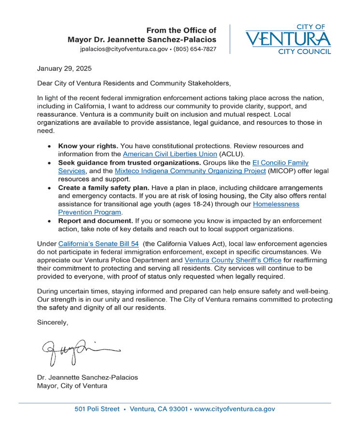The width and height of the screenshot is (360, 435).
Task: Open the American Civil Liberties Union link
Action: coord(167,154)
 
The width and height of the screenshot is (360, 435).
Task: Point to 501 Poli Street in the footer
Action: coord(97,409)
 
